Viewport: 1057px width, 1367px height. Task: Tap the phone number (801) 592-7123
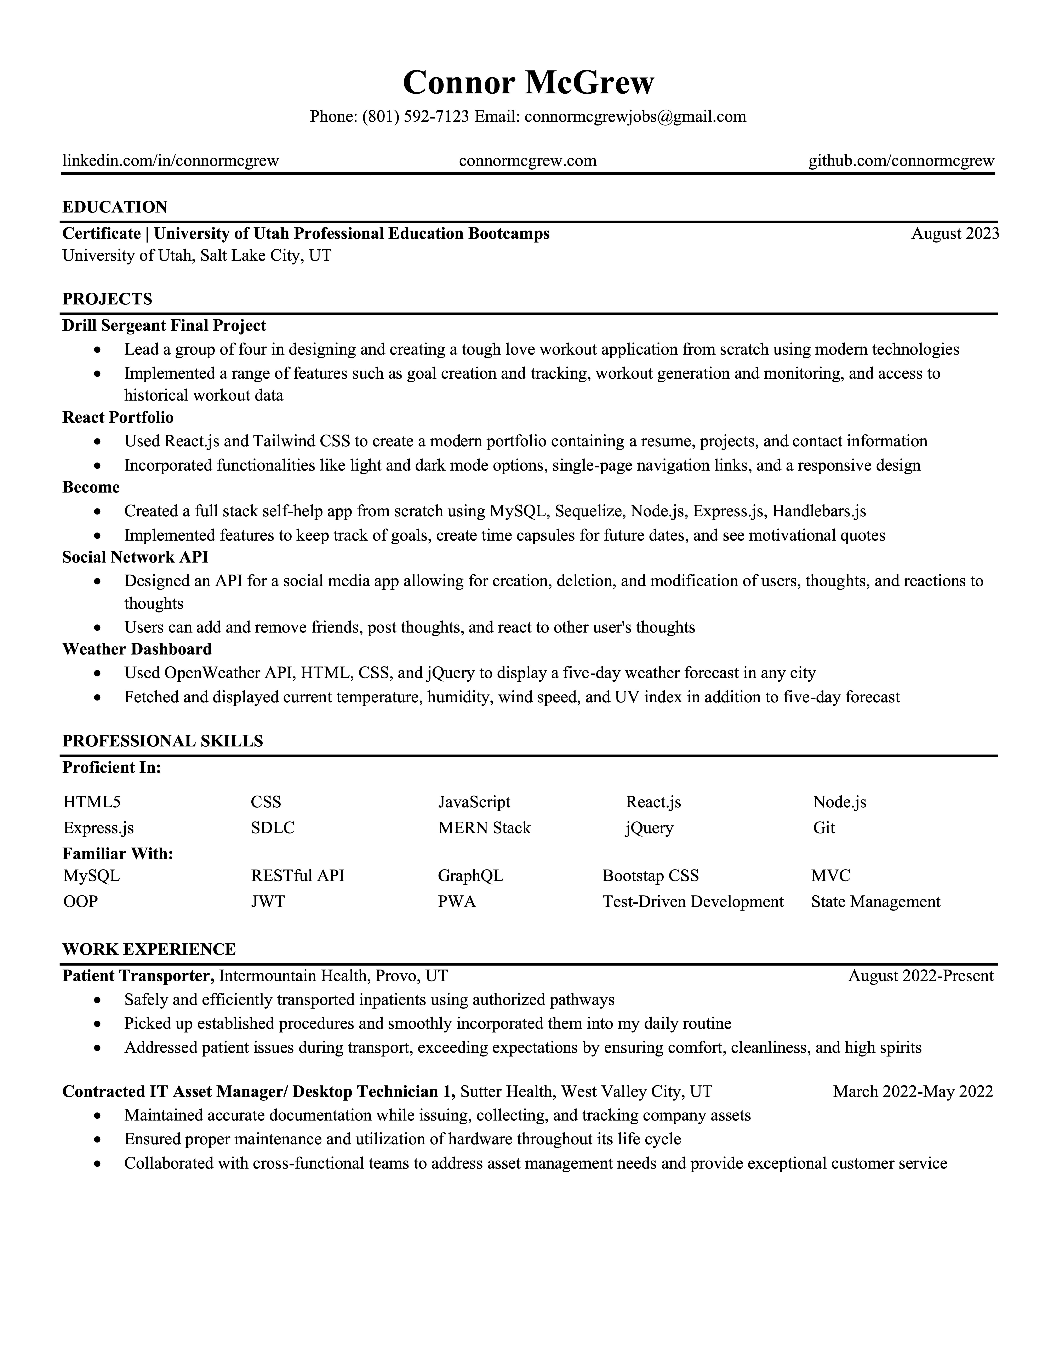(415, 116)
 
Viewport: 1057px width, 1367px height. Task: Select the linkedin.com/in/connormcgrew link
(170, 161)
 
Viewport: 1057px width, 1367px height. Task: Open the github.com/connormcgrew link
(901, 161)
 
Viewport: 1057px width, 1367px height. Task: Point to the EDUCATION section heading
(115, 207)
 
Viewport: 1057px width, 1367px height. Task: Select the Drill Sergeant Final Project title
(164, 325)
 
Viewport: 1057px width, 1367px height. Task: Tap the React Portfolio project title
(118, 418)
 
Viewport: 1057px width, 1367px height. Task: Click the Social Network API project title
(135, 557)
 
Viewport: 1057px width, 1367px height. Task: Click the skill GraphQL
(470, 876)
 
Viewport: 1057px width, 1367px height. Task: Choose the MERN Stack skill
(484, 828)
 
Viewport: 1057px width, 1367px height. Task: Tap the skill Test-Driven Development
(693, 902)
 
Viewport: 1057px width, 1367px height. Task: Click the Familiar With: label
(118, 854)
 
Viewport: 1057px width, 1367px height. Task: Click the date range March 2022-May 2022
(912, 1092)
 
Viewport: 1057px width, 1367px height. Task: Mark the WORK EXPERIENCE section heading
(149, 949)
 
